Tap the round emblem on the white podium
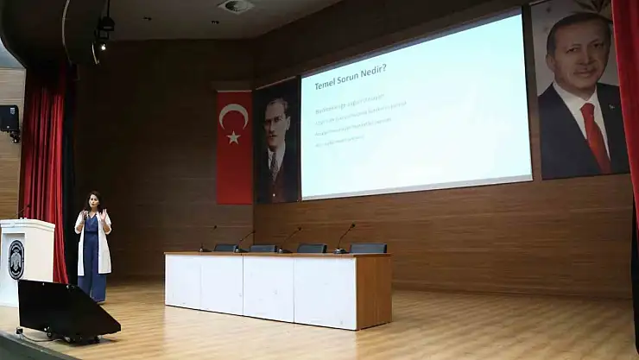(16, 259)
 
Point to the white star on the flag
(233, 136)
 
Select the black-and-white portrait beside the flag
(276, 142)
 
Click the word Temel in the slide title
(326, 84)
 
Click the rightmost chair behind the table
(369, 248)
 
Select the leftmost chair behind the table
(225, 248)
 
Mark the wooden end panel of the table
(373, 291)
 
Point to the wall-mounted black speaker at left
(9, 119)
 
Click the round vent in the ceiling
(235, 6)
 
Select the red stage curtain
(44, 173)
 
